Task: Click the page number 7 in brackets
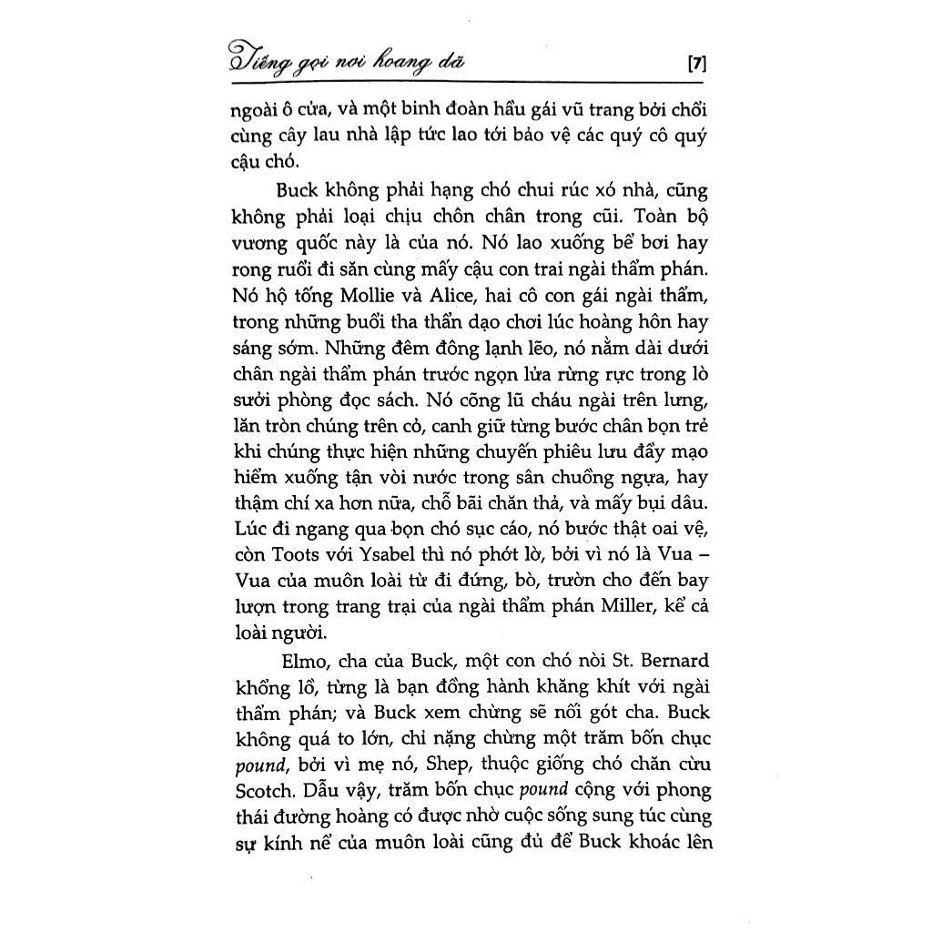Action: [697, 64]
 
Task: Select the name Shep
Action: [441, 738]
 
